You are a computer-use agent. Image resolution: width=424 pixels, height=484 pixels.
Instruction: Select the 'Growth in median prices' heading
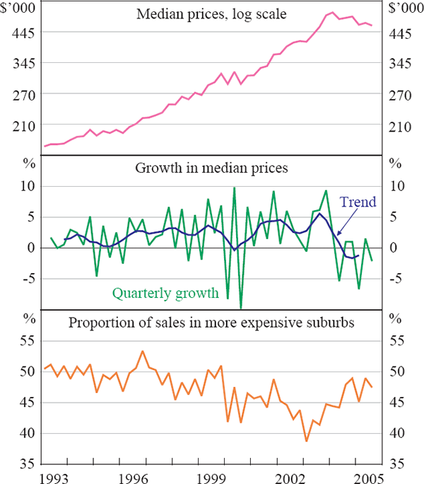point(212,169)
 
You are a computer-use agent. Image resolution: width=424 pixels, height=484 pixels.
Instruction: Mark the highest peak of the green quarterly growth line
point(234,188)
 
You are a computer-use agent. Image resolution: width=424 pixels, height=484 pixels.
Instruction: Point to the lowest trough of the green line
point(241,309)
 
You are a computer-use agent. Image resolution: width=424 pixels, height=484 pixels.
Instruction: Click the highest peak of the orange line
point(143,351)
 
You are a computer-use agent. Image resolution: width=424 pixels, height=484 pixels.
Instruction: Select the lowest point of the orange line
point(307,441)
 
